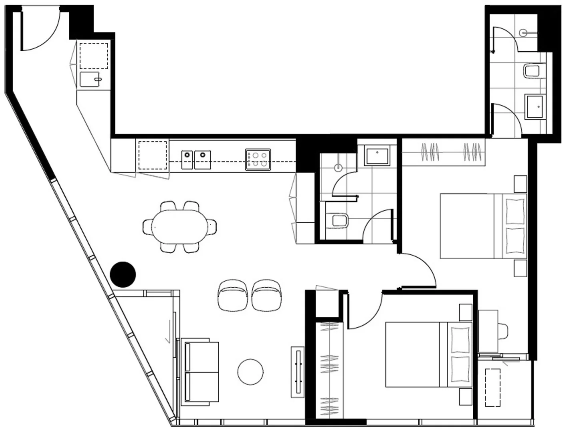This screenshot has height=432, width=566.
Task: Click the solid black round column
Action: tap(123, 274)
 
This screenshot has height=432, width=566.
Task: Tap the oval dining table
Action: tap(180, 226)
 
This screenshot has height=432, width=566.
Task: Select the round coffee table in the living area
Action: tap(250, 372)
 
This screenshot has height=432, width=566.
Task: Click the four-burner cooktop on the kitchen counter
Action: tap(258, 160)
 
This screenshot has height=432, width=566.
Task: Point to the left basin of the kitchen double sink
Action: tap(187, 160)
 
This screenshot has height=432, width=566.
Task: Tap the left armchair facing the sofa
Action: tap(233, 295)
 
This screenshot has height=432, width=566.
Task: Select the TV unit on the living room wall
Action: tap(297, 372)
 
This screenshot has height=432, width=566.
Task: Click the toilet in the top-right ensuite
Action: tap(532, 71)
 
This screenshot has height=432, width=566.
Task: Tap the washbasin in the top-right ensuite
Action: tap(535, 107)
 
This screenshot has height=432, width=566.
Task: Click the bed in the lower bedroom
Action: tap(428, 354)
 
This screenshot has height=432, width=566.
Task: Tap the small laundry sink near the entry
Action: tap(90, 79)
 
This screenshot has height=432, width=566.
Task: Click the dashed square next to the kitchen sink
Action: tap(152, 155)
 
